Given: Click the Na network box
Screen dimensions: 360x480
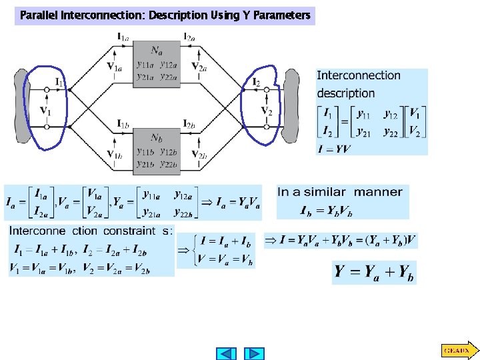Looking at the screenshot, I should [157, 62].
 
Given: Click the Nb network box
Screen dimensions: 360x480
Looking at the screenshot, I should [157, 150].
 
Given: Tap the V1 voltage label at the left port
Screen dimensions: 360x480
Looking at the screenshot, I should [47, 110].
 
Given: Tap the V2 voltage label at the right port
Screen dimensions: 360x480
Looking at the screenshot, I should [266, 111].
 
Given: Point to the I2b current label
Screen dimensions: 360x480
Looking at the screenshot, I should [189, 124].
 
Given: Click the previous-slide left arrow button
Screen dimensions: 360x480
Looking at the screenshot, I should [227, 353].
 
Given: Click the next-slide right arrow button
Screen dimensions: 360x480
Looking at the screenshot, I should [253, 353].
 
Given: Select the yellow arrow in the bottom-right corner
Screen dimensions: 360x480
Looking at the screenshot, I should [459, 349].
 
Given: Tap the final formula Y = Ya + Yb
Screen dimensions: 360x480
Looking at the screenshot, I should [374, 272].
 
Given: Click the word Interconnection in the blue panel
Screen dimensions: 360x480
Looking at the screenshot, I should [359, 76].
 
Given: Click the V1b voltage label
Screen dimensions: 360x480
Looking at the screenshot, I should [114, 155].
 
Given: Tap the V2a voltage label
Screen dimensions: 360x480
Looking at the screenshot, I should [198, 66].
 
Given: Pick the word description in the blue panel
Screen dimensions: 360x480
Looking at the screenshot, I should [345, 93].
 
